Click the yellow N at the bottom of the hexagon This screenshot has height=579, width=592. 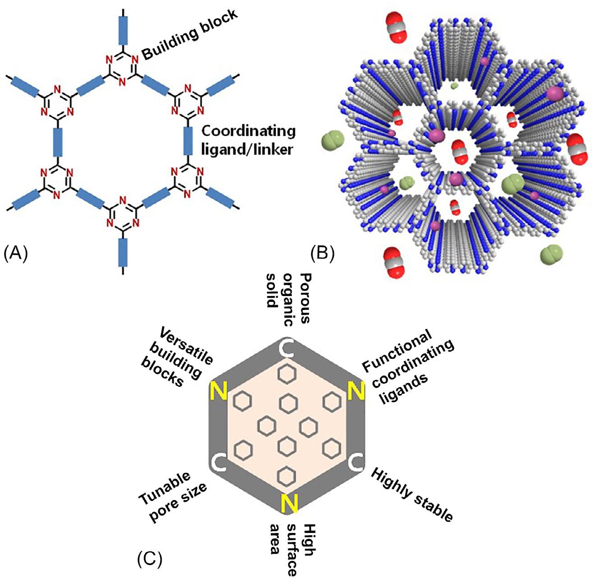(289, 503)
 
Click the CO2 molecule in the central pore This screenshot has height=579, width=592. (459, 152)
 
